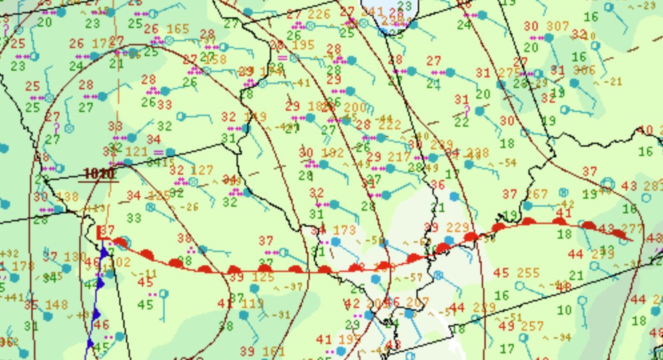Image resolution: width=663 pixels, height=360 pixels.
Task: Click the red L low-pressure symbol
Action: point(102,232)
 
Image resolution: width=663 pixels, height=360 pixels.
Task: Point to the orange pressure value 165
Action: point(177,29)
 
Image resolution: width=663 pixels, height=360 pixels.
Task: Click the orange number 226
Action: point(319,14)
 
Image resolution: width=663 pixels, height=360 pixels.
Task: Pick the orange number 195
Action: point(303,45)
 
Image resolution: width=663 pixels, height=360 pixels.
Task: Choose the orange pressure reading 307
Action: point(558,26)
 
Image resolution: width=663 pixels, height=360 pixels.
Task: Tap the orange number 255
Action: point(528,273)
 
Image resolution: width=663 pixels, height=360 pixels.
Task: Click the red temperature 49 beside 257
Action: point(506,326)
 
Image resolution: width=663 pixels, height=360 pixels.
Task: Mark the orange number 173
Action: point(344,231)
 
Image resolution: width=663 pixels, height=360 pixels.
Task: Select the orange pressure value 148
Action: point(57,305)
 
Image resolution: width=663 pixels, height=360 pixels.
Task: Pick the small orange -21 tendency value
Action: point(608,81)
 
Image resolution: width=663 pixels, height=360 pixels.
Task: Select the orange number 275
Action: point(509,73)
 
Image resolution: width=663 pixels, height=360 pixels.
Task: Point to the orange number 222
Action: point(389,125)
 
